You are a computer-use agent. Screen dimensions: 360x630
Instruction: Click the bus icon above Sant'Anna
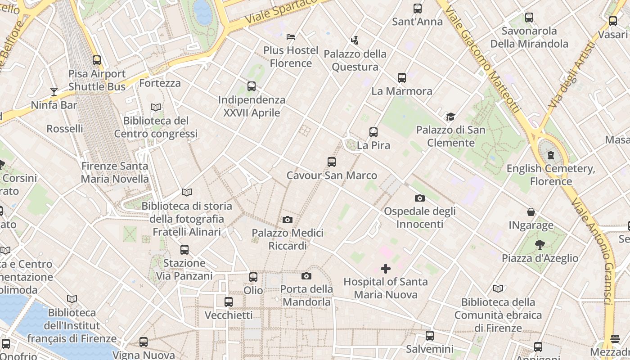click(418, 8)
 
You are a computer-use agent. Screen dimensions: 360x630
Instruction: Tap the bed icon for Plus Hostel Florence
click(291, 36)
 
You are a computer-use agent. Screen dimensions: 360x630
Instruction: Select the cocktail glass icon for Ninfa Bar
click(54, 92)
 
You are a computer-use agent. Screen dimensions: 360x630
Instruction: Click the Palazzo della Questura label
click(355, 60)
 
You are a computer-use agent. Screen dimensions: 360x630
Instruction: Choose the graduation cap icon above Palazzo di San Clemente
click(450, 117)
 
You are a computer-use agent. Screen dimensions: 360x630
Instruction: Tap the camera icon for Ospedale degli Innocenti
click(419, 198)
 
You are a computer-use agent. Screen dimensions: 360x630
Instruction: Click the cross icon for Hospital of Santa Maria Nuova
click(386, 269)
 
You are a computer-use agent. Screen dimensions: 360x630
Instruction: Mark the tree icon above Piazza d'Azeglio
click(540, 245)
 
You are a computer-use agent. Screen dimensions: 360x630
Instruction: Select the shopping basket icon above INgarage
click(531, 212)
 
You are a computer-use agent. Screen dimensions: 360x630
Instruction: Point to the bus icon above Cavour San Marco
click(332, 162)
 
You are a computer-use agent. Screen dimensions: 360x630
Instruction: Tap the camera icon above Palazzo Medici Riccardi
click(288, 220)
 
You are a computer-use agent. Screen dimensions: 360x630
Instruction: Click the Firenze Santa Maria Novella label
click(115, 172)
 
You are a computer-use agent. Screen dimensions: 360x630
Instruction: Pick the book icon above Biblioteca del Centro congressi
click(156, 108)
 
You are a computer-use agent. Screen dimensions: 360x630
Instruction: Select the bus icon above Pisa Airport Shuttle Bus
click(97, 60)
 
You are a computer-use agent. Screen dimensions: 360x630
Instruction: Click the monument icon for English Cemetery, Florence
click(550, 156)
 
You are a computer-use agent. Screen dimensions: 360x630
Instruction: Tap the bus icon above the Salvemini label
click(430, 336)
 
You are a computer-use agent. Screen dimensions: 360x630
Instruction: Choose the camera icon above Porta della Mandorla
click(306, 276)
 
